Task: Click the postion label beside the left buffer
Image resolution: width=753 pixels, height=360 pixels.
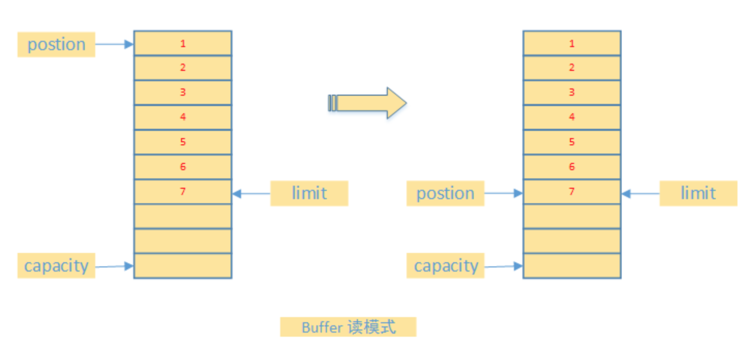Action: [x=56, y=44]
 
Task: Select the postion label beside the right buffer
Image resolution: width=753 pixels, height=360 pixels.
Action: [x=445, y=193]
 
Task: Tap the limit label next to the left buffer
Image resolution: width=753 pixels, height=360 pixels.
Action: [x=309, y=193]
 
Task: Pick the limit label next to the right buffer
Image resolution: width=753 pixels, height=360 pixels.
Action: [x=698, y=193]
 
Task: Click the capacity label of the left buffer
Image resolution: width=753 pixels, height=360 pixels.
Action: [x=56, y=266]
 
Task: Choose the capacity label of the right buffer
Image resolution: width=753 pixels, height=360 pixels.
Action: [x=445, y=266]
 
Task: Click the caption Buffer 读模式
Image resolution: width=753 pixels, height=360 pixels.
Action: [x=348, y=327]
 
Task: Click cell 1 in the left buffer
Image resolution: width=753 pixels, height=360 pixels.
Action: [x=183, y=43]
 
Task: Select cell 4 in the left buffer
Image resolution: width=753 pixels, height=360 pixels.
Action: [x=183, y=117]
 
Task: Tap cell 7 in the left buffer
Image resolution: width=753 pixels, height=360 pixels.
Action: [x=183, y=192]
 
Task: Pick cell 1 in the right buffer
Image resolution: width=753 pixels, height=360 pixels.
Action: [x=571, y=43]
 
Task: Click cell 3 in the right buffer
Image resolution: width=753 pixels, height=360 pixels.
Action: [x=571, y=93]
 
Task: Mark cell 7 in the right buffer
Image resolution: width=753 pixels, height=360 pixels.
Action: [x=571, y=192]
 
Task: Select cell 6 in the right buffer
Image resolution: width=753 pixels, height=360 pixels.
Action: [x=571, y=167]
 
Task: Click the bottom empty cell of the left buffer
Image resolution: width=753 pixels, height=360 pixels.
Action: [x=183, y=266]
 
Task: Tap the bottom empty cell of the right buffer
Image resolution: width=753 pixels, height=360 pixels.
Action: [x=571, y=266]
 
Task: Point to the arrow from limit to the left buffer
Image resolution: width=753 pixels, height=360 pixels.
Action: [x=251, y=194]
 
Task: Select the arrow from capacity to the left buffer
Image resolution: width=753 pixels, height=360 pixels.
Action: [x=114, y=266]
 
